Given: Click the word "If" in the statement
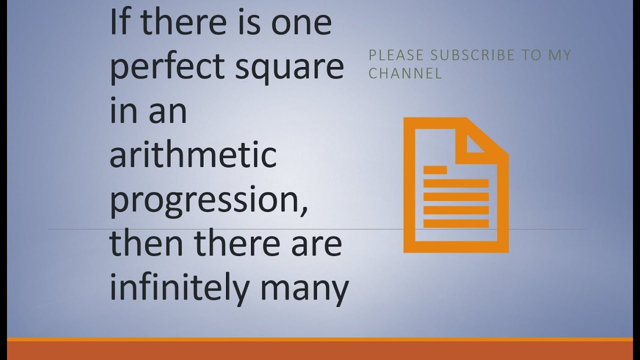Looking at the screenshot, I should [x=117, y=23].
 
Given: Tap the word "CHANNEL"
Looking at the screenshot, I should [x=405, y=73].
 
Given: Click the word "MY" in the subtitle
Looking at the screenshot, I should [x=559, y=55].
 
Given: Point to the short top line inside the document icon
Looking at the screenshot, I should [x=435, y=170].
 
